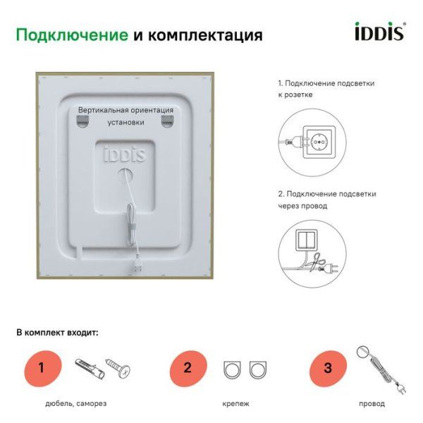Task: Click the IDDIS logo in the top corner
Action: pos(378,32)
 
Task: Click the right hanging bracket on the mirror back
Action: pos(166,123)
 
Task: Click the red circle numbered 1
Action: pos(42,367)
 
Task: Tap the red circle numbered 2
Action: pos(187,367)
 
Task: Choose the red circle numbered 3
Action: pos(327,367)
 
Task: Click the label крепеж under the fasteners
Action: pos(235,404)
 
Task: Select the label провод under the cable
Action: pos(372,404)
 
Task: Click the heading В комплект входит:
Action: pos(57,331)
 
